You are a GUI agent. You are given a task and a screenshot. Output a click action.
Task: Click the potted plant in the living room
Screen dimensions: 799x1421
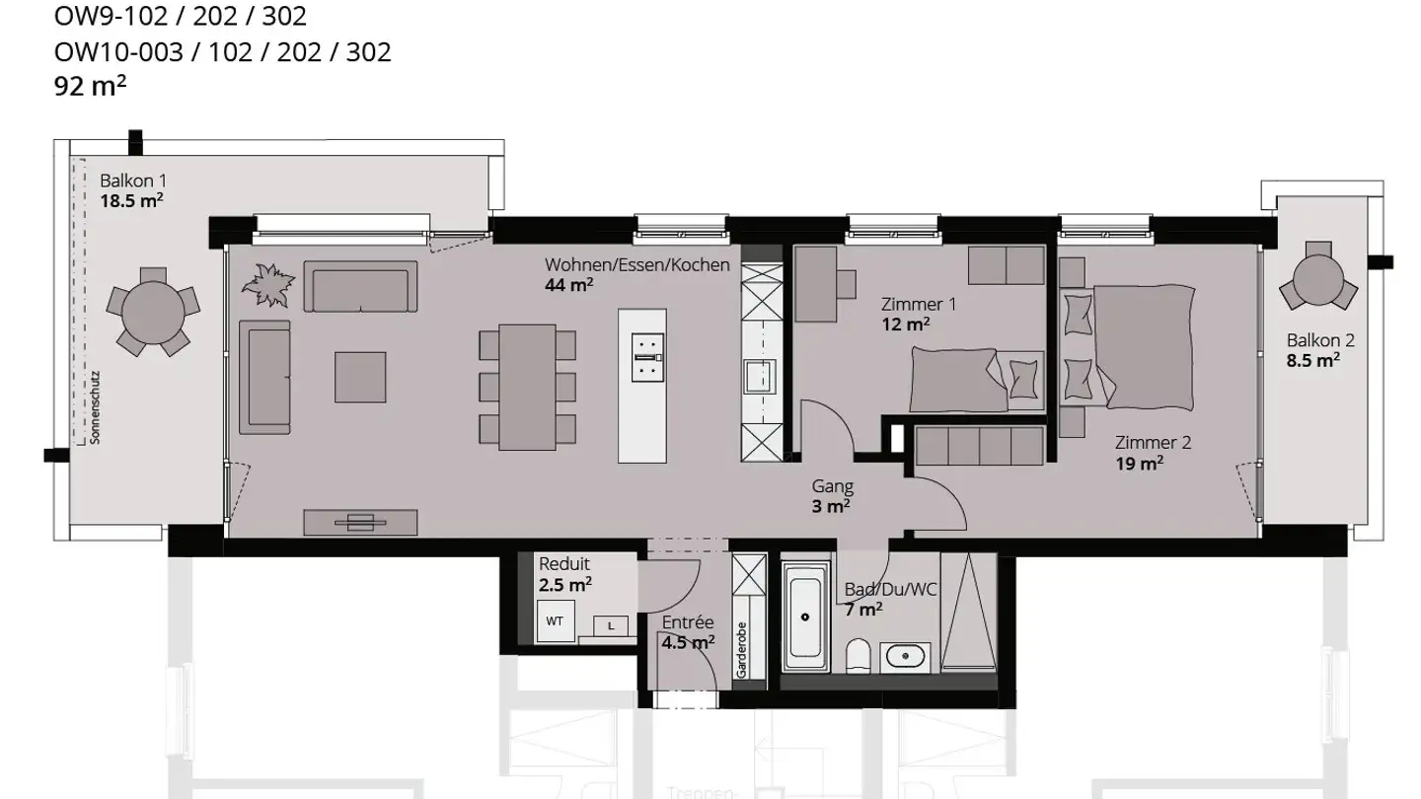(x=268, y=286)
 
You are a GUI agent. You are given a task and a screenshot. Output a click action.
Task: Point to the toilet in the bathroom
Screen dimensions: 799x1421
(x=860, y=656)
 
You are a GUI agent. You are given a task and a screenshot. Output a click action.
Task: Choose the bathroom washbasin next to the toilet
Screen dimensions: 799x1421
(x=904, y=655)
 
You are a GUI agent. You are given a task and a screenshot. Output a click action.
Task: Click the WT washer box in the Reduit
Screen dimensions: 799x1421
(x=556, y=621)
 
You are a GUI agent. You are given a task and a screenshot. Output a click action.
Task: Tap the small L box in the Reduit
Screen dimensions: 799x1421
(x=611, y=625)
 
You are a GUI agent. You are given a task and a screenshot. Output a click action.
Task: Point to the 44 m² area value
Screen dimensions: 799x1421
(x=568, y=285)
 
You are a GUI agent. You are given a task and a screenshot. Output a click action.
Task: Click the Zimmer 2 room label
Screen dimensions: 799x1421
(x=1153, y=443)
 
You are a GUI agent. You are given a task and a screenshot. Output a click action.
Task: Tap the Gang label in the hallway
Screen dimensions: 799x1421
(x=832, y=486)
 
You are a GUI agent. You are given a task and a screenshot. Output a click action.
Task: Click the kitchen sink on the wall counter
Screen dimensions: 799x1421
(x=760, y=376)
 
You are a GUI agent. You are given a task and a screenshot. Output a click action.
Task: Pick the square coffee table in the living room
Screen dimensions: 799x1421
(x=360, y=377)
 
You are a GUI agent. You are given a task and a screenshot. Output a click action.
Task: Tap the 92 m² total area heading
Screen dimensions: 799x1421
(x=90, y=86)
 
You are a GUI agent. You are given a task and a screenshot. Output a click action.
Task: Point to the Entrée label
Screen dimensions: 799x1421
(x=687, y=622)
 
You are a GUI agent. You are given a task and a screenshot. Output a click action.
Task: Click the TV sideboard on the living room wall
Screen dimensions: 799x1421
(x=360, y=521)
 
